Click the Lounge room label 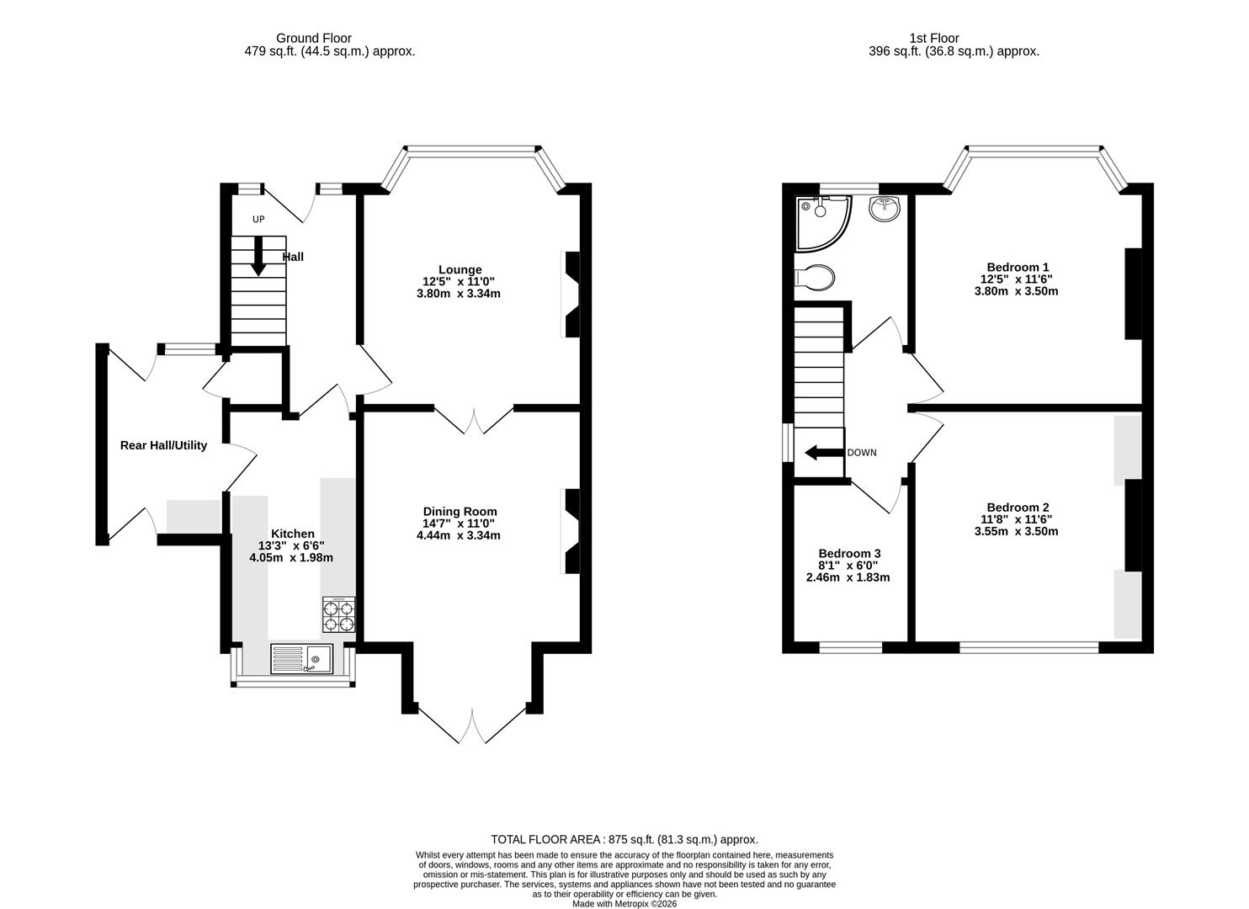460,270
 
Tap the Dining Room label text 460,512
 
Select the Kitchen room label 292,534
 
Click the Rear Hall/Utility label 163,445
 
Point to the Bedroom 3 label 849,553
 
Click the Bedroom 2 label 1018,508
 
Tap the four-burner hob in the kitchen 338,615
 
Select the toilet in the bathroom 814,276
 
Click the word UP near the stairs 258,220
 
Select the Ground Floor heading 313,38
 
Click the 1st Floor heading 933,38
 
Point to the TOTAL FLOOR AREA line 624,839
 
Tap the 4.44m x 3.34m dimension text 460,535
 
